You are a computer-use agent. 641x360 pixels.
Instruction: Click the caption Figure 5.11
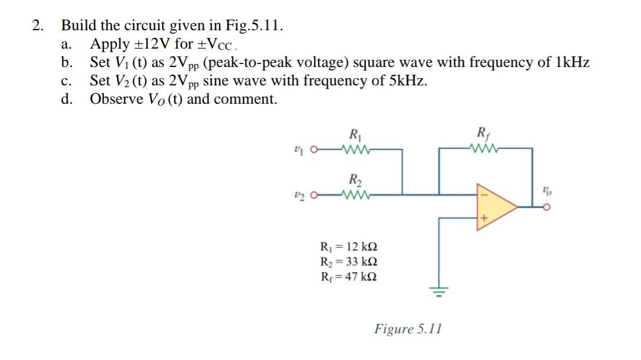point(408,329)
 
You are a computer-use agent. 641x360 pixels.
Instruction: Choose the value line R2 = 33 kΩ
point(348,262)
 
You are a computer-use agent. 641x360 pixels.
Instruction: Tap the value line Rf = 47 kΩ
point(348,276)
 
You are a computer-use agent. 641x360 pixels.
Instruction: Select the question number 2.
point(38,26)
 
